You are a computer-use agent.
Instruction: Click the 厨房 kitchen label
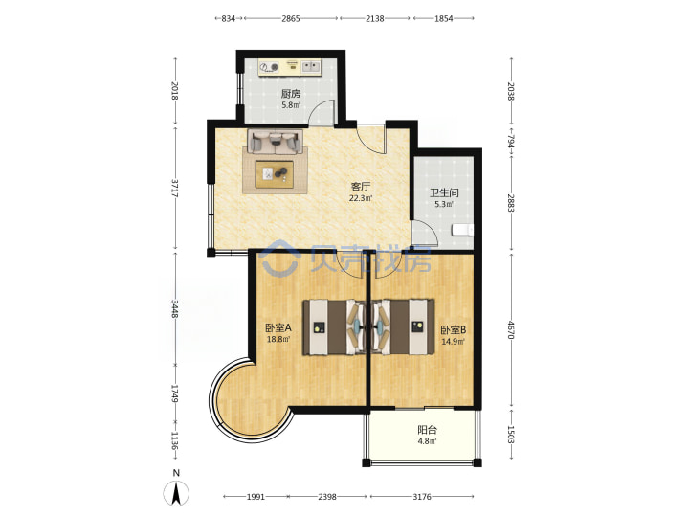[x=291, y=94]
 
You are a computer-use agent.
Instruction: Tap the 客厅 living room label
[x=361, y=187]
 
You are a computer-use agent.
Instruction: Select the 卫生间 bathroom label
[x=444, y=192]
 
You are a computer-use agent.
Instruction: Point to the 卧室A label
[x=278, y=328]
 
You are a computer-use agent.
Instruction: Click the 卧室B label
[x=454, y=329]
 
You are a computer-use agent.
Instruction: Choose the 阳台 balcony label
[x=427, y=431]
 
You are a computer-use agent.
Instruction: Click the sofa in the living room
[x=275, y=142]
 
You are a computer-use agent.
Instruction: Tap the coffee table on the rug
[x=275, y=174]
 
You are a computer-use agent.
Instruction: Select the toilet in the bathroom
[x=463, y=230]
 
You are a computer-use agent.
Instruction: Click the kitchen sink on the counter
[x=311, y=67]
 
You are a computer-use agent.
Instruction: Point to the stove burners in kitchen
[x=269, y=67]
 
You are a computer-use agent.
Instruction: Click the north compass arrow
[x=176, y=493]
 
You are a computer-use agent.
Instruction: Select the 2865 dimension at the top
[x=291, y=18]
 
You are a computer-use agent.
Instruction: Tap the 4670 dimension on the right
[x=511, y=329]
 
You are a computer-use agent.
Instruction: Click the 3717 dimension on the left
[x=175, y=189]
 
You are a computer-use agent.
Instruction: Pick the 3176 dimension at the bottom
[x=422, y=497]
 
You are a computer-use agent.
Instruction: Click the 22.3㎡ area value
[x=361, y=198]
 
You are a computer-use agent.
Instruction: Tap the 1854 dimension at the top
[x=444, y=18]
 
